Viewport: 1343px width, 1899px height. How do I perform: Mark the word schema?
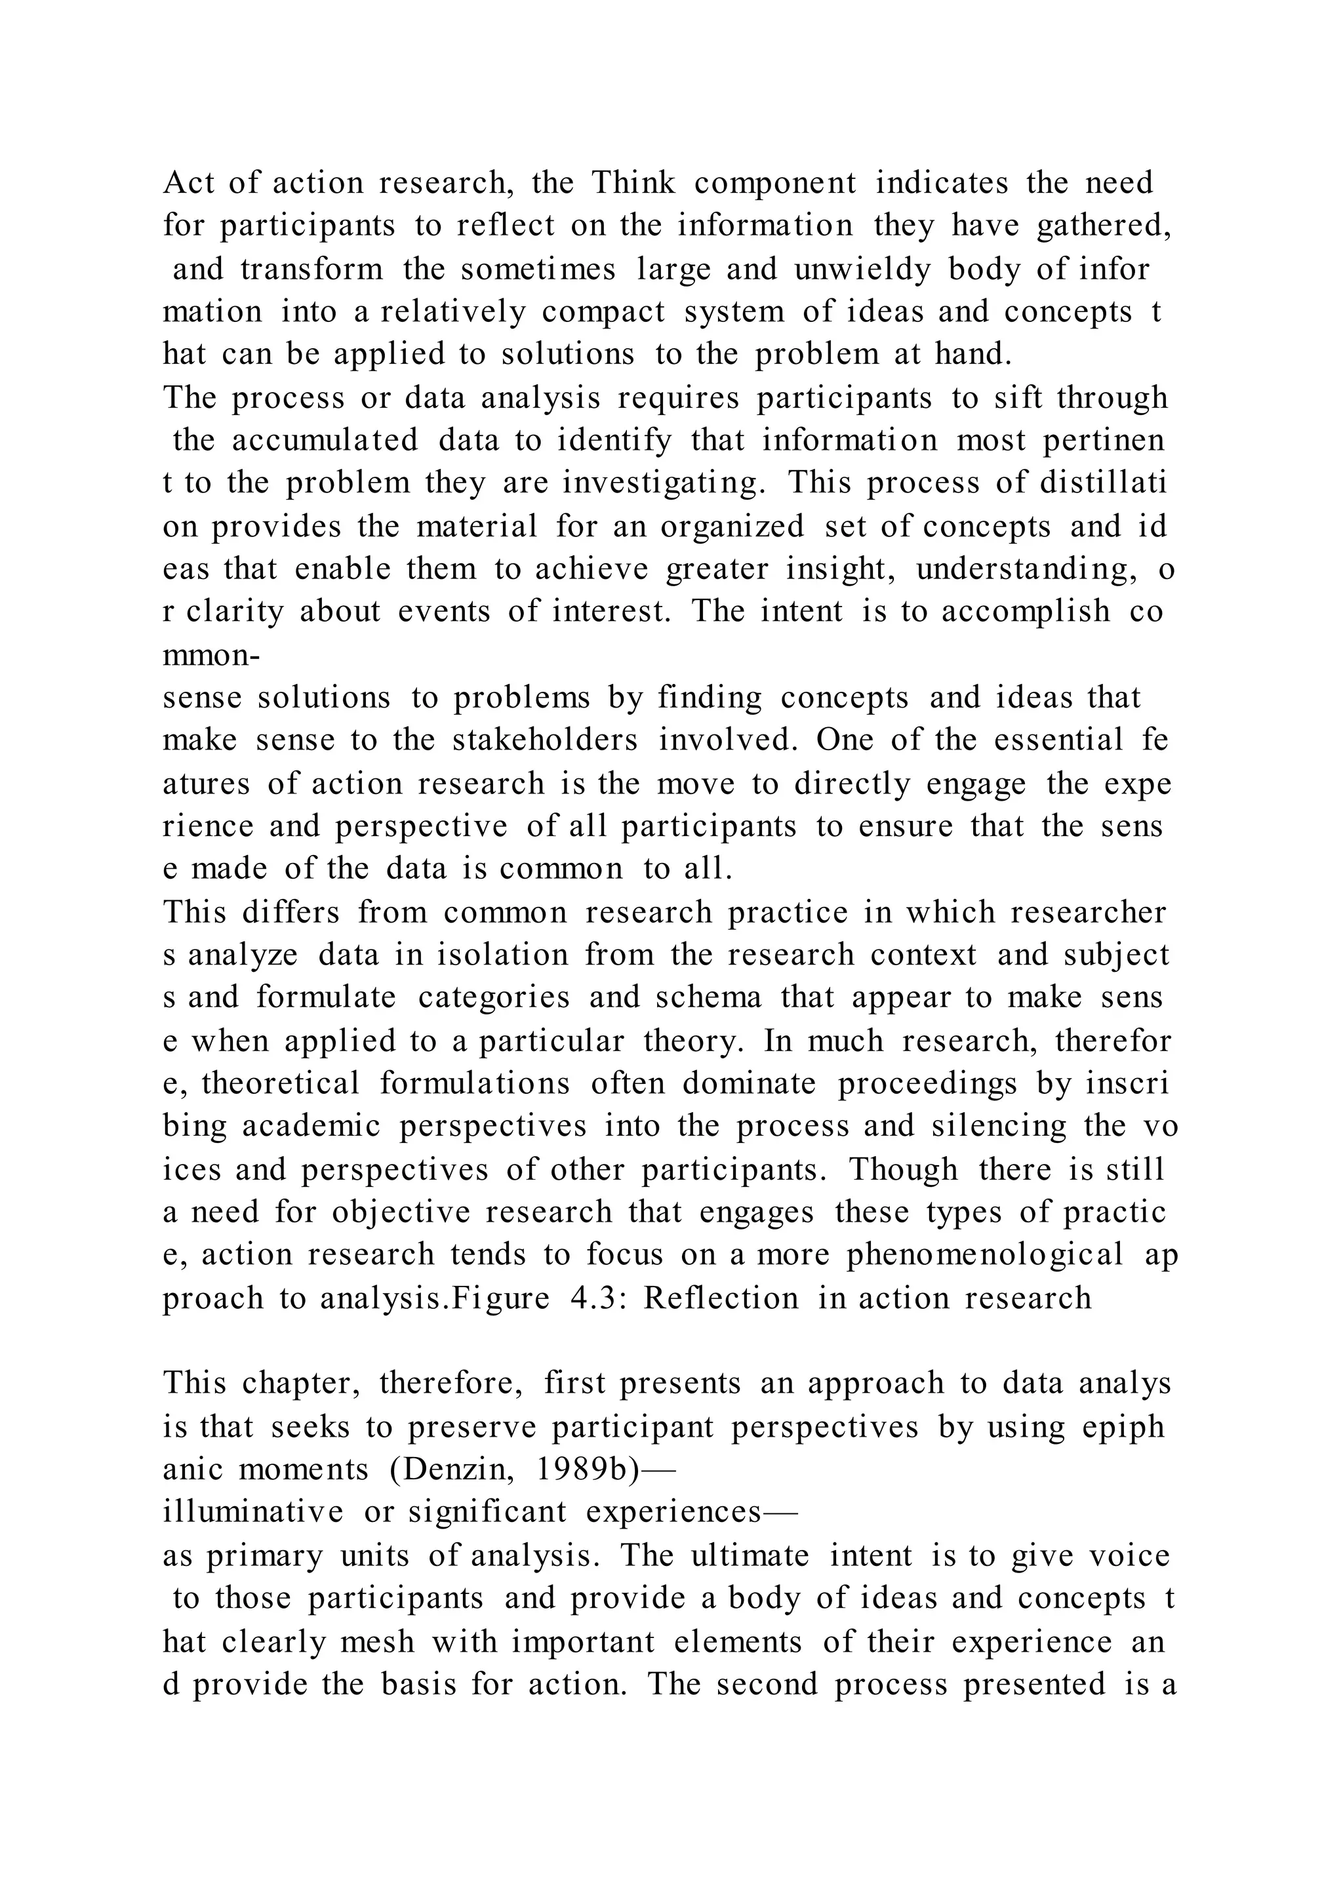pyautogui.click(x=709, y=997)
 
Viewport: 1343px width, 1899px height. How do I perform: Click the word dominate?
pyautogui.click(x=750, y=1083)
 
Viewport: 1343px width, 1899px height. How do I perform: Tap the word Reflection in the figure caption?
pyautogui.click(x=721, y=1298)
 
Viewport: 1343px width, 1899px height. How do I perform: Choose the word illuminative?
pyautogui.click(x=253, y=1512)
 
